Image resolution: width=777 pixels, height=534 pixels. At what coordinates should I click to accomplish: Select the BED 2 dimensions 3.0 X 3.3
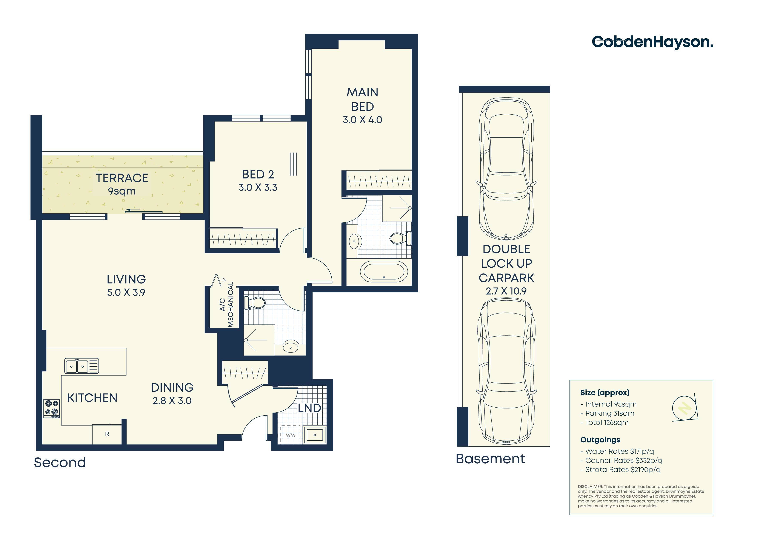click(258, 188)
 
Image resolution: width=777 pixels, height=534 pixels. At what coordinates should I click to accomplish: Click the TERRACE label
click(122, 178)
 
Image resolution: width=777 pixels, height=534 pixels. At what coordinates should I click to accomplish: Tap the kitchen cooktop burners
click(51, 409)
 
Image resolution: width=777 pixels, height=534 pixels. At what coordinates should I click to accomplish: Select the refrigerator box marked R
click(107, 434)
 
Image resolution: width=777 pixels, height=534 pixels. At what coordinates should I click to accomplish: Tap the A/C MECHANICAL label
click(227, 305)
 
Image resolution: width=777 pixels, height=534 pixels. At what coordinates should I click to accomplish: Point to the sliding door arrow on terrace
click(133, 210)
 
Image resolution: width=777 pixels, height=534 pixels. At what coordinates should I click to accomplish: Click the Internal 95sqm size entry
click(608, 404)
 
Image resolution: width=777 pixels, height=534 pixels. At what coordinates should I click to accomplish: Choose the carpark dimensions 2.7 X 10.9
click(506, 291)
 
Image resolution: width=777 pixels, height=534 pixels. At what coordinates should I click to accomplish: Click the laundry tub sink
click(315, 435)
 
